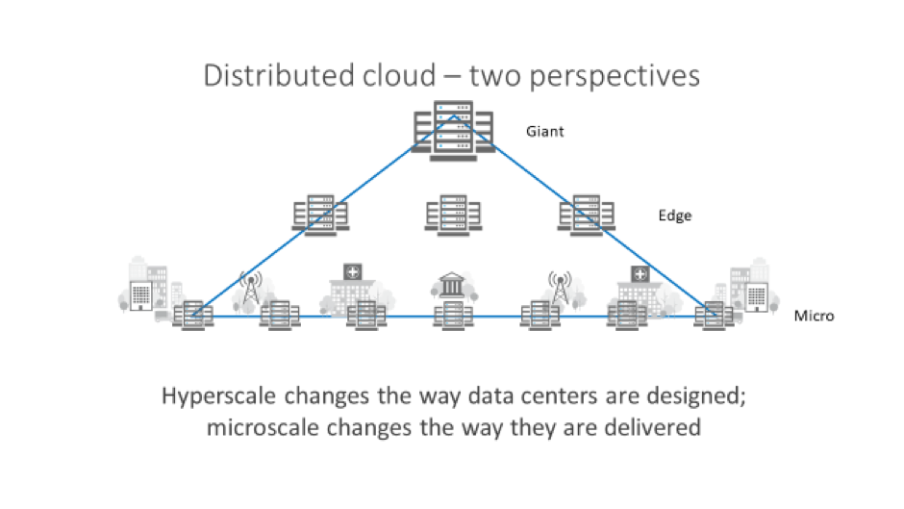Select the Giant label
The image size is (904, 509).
coord(544,131)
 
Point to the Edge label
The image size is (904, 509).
coord(674,216)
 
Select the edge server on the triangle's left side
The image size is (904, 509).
coord(313,214)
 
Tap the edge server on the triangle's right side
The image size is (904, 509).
coord(582,214)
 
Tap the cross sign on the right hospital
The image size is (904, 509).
coord(636,274)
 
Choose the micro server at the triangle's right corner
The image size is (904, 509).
coord(713,315)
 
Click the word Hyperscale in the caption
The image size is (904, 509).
coord(216,398)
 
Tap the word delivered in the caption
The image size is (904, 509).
coord(654,427)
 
